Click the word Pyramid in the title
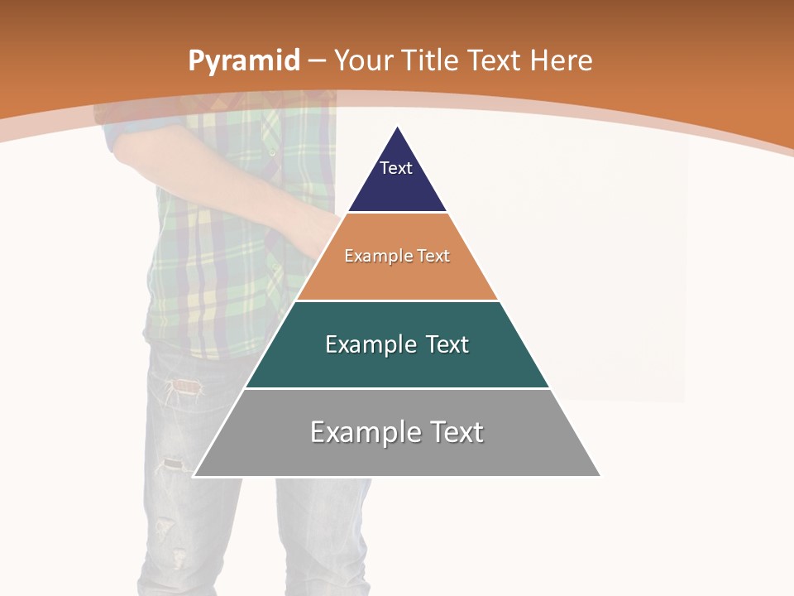coord(243,61)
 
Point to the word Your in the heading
coord(363,60)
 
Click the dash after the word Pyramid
coord(317,62)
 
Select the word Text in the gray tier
coord(456,432)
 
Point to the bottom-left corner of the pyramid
coord(194,475)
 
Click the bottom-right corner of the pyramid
coord(600,475)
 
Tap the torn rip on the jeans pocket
coord(186,386)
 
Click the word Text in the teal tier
coord(447,344)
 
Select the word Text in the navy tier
coord(396,168)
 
